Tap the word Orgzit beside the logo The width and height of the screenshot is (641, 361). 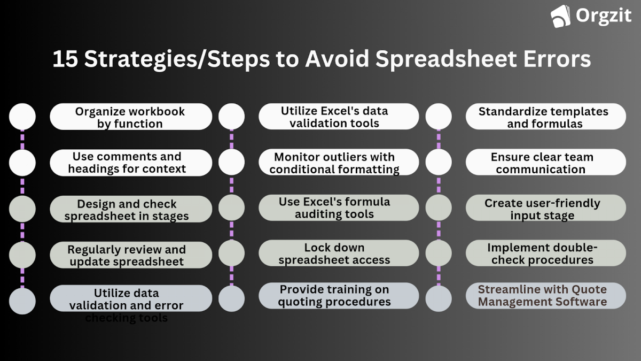[603, 16]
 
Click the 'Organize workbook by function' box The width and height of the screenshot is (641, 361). [131, 117]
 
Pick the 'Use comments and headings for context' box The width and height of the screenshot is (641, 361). [131, 163]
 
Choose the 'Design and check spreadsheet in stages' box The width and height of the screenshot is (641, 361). [131, 209]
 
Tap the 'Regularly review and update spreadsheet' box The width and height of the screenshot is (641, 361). [131, 255]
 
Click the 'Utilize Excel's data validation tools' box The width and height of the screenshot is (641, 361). [339, 117]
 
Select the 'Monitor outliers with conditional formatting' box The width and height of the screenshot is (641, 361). [339, 163]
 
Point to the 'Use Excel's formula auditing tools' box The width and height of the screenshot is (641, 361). [339, 208]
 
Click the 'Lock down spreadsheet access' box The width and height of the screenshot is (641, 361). [339, 253]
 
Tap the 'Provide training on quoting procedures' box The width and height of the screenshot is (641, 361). [339, 296]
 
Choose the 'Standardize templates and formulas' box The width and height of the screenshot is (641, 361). [545, 117]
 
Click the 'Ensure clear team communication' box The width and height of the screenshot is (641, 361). [545, 163]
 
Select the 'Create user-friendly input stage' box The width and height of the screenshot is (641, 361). [545, 209]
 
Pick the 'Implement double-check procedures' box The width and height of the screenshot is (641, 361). [545, 254]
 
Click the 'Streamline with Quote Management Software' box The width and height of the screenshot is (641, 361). [545, 296]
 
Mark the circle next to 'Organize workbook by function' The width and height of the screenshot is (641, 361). [22, 117]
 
